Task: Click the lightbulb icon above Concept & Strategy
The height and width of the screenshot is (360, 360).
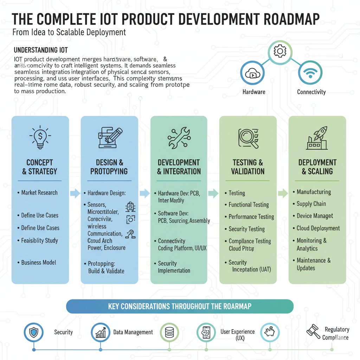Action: coord(40,137)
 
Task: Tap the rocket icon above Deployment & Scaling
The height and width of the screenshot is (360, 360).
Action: coord(317,137)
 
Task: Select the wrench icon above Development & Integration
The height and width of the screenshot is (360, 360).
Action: coord(179,137)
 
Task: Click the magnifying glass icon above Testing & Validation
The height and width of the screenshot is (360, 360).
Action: coord(248,138)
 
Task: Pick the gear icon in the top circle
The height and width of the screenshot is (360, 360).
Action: coord(280,52)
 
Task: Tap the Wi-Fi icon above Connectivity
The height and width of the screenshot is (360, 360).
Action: coord(310,73)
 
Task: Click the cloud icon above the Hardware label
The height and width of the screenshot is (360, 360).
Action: coord(252,74)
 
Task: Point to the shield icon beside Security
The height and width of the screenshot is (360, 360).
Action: coord(34,332)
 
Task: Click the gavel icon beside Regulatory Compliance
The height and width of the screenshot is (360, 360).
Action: coord(313,331)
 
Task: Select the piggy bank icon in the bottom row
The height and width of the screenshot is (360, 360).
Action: coord(270,332)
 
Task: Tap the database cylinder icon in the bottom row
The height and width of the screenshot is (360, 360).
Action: coord(169,332)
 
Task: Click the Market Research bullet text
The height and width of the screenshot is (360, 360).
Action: coord(39,193)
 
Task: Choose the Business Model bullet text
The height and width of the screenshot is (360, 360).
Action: coord(39,262)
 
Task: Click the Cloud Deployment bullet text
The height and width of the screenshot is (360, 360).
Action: coord(318,228)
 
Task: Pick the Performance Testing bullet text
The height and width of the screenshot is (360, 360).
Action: coord(251,217)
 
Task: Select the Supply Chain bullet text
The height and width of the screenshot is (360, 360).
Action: coord(311,204)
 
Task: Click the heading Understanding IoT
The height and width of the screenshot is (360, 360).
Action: coord(40,50)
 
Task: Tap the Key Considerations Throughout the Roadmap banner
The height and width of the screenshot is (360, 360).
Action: coord(180,306)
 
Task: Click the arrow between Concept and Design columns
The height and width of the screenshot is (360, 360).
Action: coord(75,193)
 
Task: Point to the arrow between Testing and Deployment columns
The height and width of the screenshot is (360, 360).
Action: coord(283,193)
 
